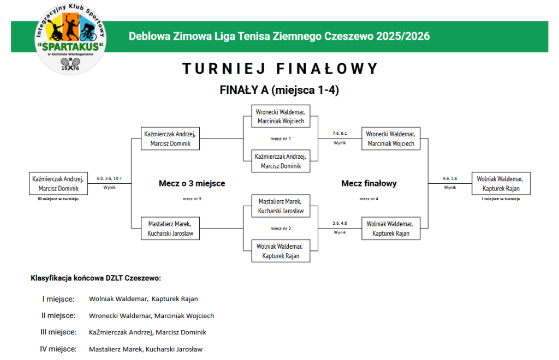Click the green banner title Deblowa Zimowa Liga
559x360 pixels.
(279, 37)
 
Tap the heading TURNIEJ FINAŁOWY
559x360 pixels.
(279, 69)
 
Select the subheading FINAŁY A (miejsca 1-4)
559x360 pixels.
(279, 91)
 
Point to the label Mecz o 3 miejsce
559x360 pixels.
(192, 184)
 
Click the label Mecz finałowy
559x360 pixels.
(369, 184)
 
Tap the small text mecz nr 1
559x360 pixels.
(281, 139)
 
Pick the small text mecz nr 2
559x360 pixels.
(281, 229)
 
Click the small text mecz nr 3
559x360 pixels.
(192, 199)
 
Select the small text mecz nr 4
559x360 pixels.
(369, 199)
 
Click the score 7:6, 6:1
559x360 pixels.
(340, 133)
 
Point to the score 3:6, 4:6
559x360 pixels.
(340, 223)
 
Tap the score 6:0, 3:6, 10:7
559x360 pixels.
(109, 178)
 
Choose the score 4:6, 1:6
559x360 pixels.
(450, 178)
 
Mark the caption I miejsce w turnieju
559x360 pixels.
(501, 199)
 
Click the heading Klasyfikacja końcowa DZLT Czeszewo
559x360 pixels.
(96, 278)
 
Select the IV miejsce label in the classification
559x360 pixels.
(58, 349)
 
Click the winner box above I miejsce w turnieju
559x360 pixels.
(501, 183)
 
